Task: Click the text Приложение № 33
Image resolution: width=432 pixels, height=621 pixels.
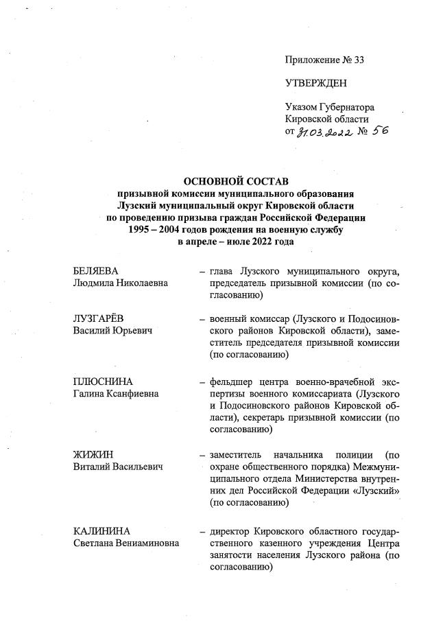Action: (x=324, y=60)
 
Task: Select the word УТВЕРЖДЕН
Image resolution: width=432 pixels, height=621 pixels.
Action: (x=316, y=84)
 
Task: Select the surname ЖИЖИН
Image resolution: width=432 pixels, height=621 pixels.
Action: (x=93, y=455)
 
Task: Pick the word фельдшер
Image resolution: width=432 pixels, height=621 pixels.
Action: (x=230, y=382)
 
